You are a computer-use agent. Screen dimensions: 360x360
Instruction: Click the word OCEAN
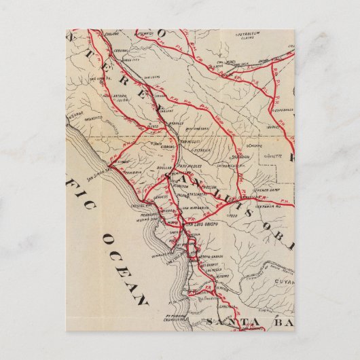(x=126, y=268)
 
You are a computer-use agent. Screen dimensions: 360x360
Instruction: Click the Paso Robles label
(x=190, y=165)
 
